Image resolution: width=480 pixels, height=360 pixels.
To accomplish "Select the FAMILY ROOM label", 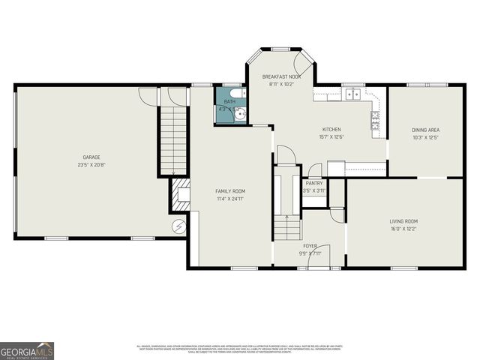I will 229,191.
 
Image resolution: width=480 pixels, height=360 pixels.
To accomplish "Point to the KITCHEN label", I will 331,129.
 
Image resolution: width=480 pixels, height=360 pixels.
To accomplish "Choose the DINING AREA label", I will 425,130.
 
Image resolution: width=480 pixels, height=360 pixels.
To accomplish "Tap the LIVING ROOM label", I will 403,221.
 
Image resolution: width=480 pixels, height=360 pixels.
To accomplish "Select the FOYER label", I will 309,246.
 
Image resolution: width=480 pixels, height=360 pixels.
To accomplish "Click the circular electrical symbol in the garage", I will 178,224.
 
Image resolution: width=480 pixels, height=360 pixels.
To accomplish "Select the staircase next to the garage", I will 172,139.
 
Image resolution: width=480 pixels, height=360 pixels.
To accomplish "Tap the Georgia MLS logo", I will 27,351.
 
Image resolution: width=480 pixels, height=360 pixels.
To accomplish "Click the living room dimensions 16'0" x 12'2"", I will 403,228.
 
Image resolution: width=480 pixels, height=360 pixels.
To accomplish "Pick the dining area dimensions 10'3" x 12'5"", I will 425,136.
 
